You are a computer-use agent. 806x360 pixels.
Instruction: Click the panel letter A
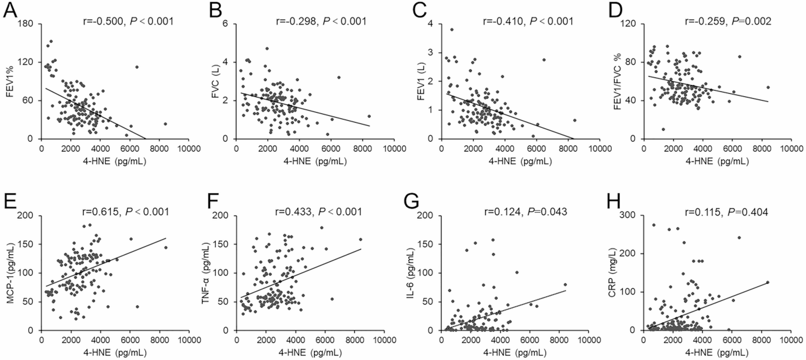point(10,10)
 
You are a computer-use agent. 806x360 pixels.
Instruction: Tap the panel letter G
point(411,202)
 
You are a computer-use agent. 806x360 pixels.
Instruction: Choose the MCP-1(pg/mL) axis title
point(10,273)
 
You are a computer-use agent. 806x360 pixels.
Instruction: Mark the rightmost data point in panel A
point(165,124)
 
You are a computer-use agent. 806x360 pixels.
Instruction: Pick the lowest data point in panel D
point(663,129)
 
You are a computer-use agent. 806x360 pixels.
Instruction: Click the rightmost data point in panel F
point(360,240)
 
